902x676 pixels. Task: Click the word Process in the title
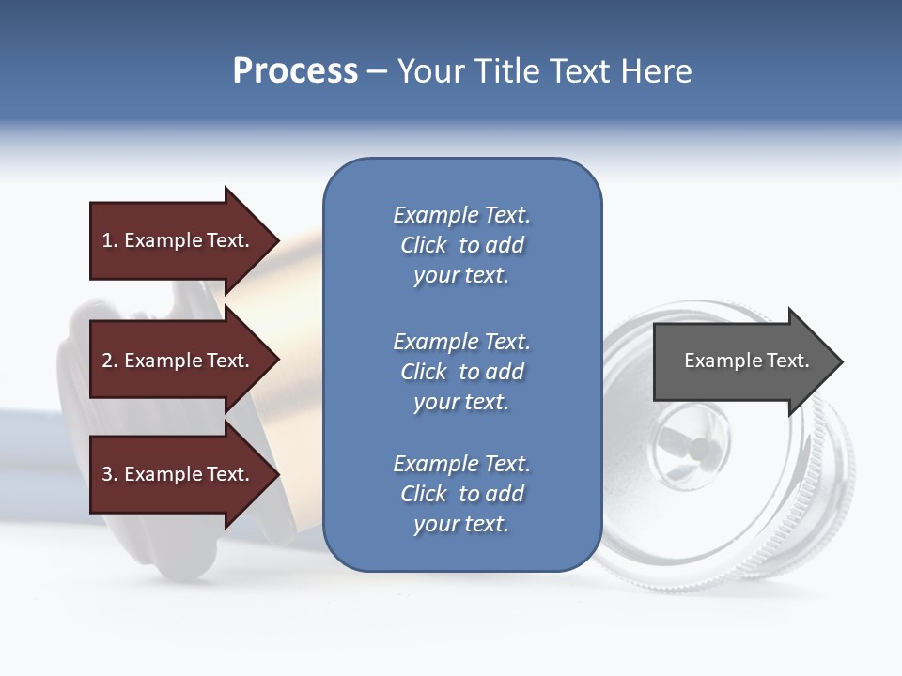(295, 71)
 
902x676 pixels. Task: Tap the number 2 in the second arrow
(107, 361)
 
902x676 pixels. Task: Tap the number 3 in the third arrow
(107, 474)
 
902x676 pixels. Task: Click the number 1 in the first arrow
(107, 240)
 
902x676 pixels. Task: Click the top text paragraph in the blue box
(461, 245)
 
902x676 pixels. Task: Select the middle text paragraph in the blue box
(461, 372)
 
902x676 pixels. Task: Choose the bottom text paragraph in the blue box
(461, 494)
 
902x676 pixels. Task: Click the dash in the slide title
(378, 72)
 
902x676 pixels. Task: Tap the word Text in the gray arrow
(788, 361)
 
